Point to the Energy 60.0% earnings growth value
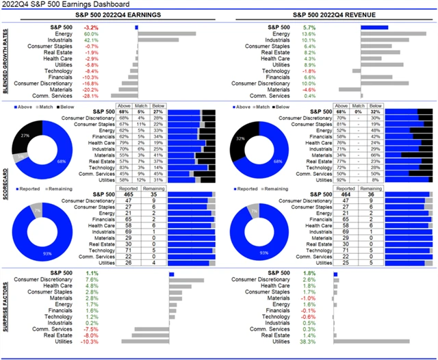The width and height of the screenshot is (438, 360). [x=91, y=34]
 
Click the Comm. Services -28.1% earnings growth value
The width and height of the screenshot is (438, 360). [x=91, y=95]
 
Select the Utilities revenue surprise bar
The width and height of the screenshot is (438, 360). [x=372, y=342]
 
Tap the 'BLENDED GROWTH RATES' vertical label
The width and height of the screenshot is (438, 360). [x=5, y=62]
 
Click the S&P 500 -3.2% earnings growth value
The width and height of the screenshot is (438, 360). [x=91, y=27]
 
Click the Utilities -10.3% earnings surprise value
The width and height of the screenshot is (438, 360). [x=91, y=342]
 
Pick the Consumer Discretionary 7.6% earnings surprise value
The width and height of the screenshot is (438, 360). [x=91, y=280]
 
